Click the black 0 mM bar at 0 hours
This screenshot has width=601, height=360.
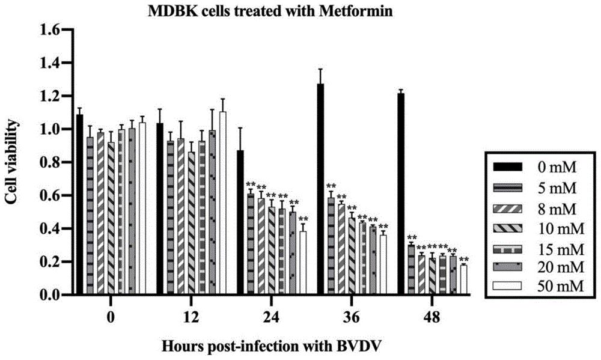pyautogui.click(x=80, y=204)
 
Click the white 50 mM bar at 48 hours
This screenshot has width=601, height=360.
pyautogui.click(x=463, y=279)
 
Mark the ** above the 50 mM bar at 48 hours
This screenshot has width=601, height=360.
pyautogui.click(x=463, y=260)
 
